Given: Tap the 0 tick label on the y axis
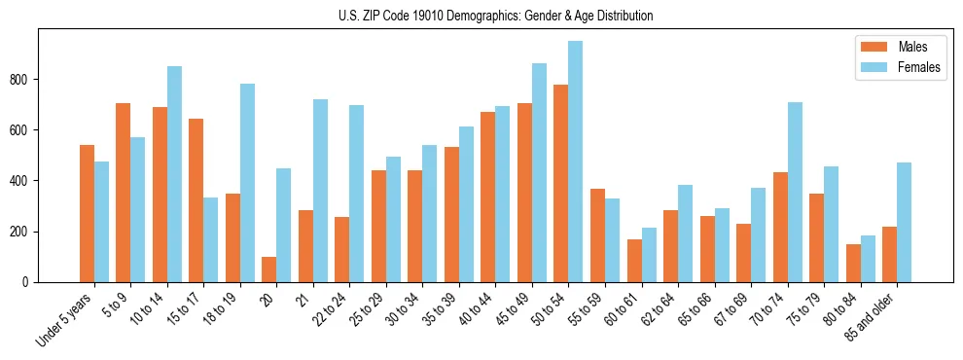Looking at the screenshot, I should (x=29, y=282).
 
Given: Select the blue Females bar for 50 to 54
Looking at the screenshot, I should (x=576, y=162).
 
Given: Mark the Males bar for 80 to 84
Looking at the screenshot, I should (x=853, y=264).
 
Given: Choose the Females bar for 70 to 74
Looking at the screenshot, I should (x=795, y=193).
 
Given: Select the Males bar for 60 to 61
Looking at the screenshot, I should (x=634, y=261).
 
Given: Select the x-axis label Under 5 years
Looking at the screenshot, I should (x=67, y=321).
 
